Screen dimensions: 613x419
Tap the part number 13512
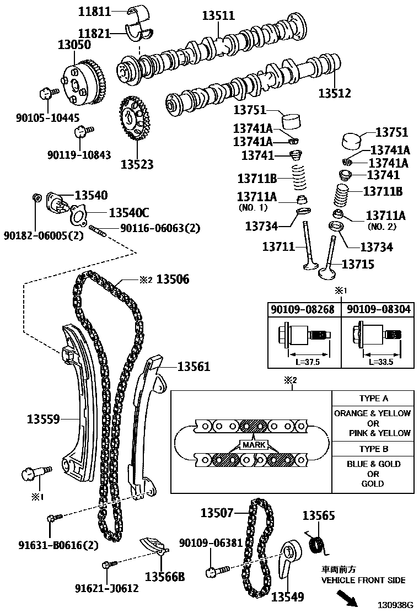(334, 94)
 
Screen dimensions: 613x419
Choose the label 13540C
(128, 213)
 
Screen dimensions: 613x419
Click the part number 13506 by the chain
(173, 279)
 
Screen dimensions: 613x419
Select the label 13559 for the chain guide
(44, 420)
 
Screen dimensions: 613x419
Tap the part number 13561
(194, 366)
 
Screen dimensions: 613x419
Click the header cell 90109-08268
(303, 310)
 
